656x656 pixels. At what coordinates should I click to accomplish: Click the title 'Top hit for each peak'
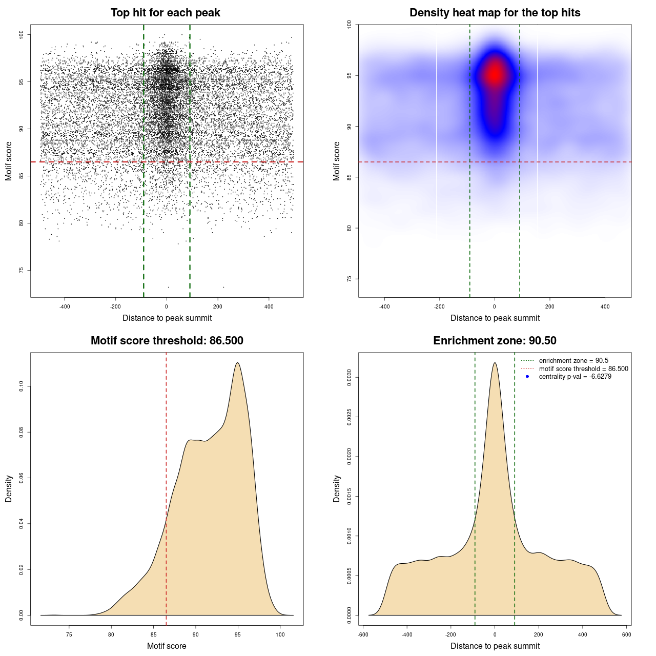(165, 13)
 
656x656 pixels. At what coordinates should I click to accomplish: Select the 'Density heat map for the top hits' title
(495, 13)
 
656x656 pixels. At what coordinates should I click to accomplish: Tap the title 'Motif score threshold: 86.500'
(167, 341)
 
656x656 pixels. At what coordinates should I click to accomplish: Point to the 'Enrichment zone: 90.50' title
(495, 341)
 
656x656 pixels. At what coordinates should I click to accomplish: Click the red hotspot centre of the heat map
(495, 75)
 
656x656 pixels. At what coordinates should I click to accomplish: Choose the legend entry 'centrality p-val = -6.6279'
(575, 377)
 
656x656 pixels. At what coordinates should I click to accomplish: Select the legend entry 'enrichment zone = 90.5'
(573, 361)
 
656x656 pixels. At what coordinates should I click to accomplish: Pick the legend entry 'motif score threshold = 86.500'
(583, 369)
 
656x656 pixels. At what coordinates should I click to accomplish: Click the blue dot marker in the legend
(527, 377)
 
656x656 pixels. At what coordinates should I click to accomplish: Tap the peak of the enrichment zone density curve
(495, 363)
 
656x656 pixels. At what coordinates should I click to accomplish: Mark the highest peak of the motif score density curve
(237, 363)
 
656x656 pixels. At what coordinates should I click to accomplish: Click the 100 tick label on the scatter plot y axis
(21, 34)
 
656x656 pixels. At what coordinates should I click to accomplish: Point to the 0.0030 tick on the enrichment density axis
(349, 378)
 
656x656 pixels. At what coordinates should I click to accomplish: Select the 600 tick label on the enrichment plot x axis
(626, 634)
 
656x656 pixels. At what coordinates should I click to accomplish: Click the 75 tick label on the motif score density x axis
(69, 634)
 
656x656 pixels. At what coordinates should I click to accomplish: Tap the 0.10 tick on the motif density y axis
(21, 386)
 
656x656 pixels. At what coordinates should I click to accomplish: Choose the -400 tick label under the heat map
(384, 306)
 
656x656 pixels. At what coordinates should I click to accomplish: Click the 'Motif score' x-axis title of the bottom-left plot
(167, 646)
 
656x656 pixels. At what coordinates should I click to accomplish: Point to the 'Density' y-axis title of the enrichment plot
(337, 488)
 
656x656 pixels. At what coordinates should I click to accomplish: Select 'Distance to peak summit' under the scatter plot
(167, 318)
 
